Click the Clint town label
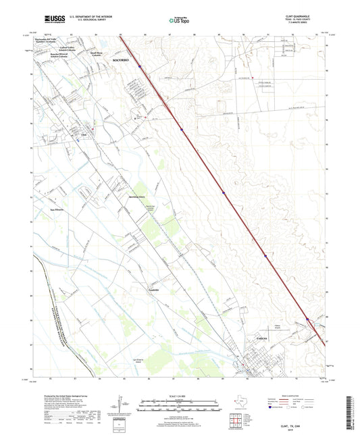84,134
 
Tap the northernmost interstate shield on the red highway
140,66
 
